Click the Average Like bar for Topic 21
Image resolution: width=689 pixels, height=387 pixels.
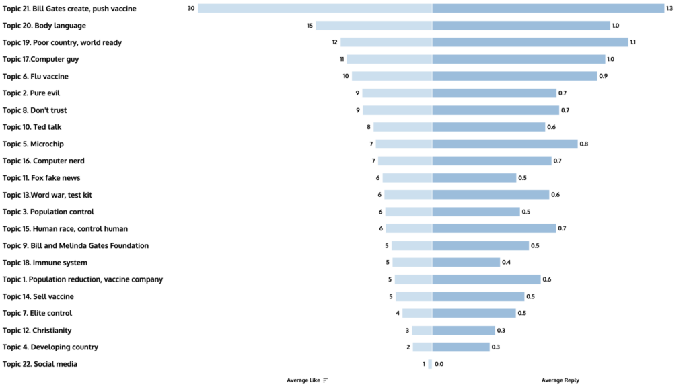click(315, 9)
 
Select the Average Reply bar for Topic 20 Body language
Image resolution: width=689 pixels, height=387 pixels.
click(521, 26)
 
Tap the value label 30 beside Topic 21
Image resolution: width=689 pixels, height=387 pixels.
click(191, 9)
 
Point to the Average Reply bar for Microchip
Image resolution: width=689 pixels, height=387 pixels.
click(505, 144)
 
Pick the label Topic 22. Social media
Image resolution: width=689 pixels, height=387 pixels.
click(40, 364)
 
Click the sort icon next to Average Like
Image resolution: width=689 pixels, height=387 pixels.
click(326, 380)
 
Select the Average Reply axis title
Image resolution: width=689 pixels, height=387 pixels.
click(560, 380)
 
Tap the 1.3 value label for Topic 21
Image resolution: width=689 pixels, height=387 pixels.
click(669, 9)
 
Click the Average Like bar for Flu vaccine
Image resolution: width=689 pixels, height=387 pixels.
click(392, 76)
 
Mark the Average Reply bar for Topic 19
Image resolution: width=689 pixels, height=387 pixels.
click(530, 42)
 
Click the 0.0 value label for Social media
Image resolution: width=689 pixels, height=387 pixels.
click(439, 364)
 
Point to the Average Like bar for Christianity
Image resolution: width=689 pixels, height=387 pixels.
click(422, 331)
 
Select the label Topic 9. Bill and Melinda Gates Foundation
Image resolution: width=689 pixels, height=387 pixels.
click(75, 246)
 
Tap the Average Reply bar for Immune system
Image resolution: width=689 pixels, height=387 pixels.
click(466, 263)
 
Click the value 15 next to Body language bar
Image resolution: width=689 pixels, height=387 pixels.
click(310, 26)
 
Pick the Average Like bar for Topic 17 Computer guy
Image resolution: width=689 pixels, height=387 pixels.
click(390, 59)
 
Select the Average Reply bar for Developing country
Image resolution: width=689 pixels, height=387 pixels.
click(461, 347)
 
